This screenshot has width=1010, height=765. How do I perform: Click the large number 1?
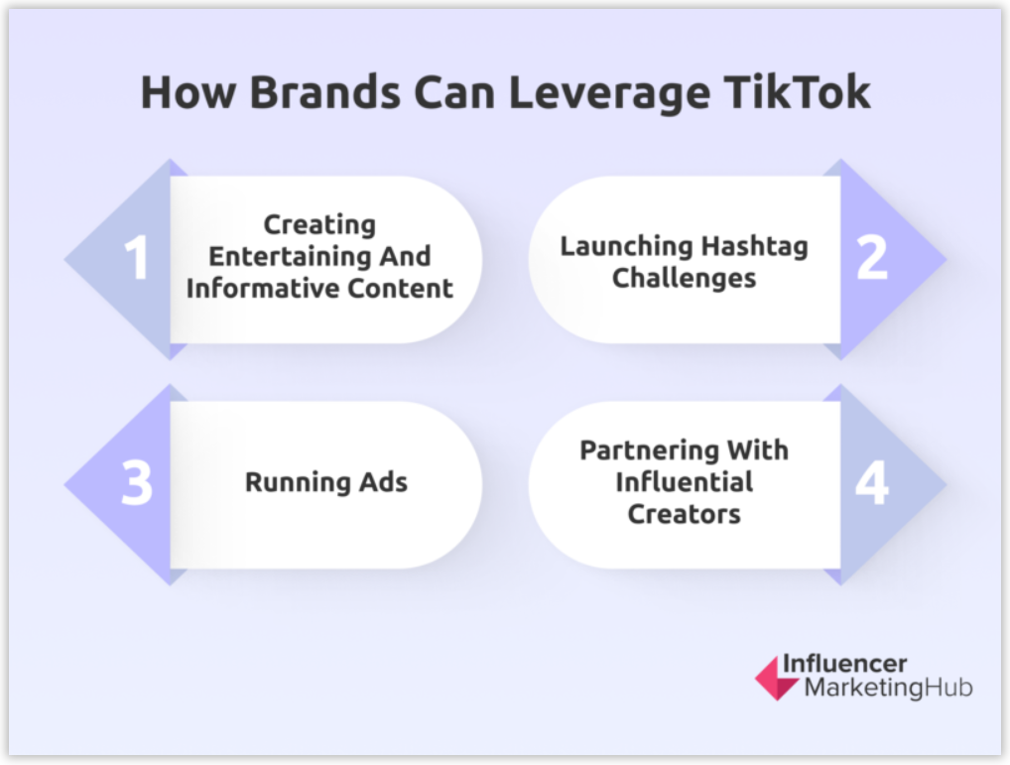pos(136,258)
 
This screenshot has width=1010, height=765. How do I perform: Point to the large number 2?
pos(872,257)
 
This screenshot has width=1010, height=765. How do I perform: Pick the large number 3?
pos(136,483)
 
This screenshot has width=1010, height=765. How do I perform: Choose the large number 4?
pos(872,483)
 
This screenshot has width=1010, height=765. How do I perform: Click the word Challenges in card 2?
pos(684,278)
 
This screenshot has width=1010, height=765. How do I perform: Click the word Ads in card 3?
pos(382,483)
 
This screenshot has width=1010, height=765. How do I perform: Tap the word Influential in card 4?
pos(684,482)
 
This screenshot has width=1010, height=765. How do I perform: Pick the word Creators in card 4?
pos(684,515)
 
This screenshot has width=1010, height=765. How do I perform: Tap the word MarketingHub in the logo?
pos(888,688)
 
